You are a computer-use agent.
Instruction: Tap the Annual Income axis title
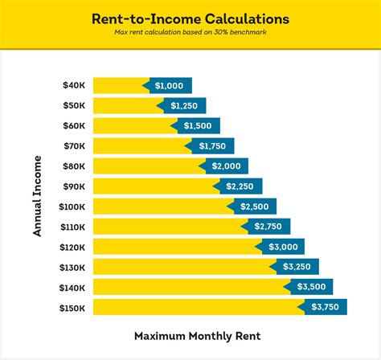pyautogui.click(x=37, y=196)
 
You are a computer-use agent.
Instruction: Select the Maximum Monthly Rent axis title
pyautogui.click(x=190, y=335)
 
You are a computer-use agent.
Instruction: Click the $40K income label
pyautogui.click(x=74, y=85)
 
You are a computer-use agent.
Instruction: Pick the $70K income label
pyautogui.click(x=74, y=145)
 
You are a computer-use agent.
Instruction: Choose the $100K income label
pyautogui.click(x=72, y=206)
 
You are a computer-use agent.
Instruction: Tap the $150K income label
pyautogui.click(x=72, y=306)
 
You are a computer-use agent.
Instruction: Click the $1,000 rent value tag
pyautogui.click(x=168, y=85)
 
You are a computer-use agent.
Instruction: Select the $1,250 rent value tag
pyautogui.click(x=182, y=105)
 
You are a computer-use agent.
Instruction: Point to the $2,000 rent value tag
pyautogui.click(x=224, y=166)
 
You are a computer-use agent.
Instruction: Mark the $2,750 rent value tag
pyautogui.click(x=267, y=226)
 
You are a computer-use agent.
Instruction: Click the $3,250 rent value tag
pyautogui.click(x=295, y=266)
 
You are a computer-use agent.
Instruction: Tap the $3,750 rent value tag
pyautogui.click(x=323, y=306)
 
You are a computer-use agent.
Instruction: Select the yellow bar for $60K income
pyautogui.click(x=133, y=125)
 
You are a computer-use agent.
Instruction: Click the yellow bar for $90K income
pyautogui.click(x=153, y=186)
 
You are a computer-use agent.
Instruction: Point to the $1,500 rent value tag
pyautogui.click(x=196, y=125)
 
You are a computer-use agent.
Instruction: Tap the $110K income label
pyautogui.click(x=72, y=226)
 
